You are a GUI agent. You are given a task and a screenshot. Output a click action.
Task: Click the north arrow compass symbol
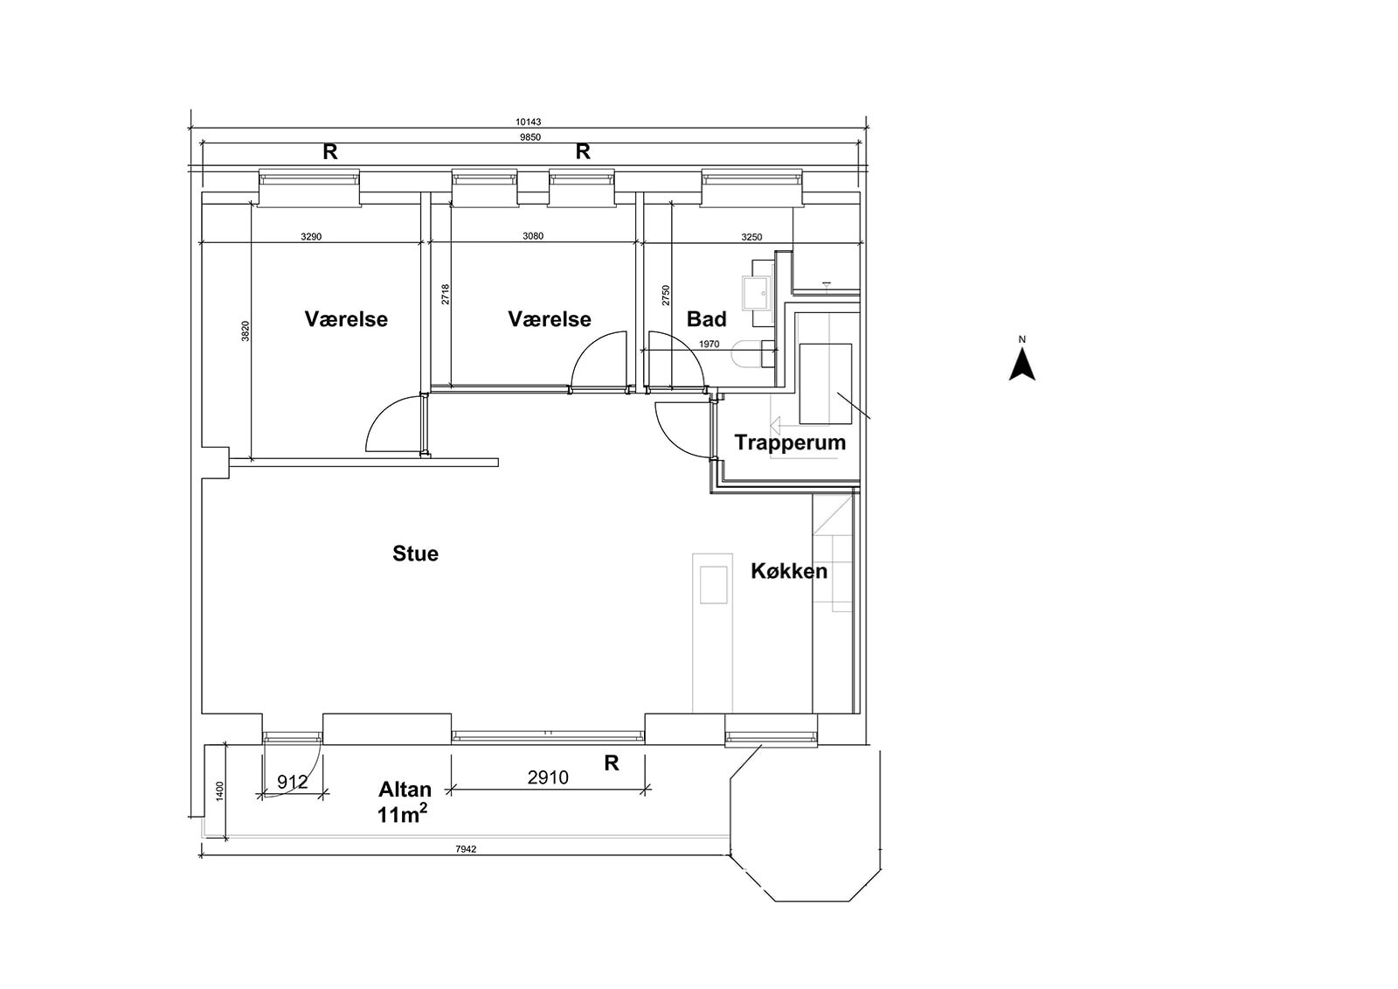point(1021,363)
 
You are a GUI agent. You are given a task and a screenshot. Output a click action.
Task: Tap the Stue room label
point(415,554)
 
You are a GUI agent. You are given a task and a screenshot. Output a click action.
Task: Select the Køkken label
point(789,571)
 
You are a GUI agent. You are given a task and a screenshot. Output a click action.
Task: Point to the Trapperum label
point(790,442)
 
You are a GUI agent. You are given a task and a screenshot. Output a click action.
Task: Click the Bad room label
point(706,319)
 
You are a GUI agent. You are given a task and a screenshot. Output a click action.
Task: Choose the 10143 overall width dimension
point(529,122)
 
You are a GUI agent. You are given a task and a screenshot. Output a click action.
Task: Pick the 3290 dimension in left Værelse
point(311,236)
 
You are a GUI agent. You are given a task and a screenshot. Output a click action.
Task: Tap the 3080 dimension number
point(532,236)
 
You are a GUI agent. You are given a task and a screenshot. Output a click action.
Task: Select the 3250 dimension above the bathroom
point(751,236)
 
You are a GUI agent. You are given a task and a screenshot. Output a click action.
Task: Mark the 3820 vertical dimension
point(246,331)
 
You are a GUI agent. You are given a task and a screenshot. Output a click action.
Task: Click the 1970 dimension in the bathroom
point(709,345)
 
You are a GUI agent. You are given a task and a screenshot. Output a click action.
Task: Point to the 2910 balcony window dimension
point(548,777)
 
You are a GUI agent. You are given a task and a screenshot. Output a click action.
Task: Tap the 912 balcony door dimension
point(292,782)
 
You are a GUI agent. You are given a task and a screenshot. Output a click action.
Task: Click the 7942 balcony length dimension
point(466,848)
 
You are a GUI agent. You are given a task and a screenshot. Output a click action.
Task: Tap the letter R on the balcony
point(612,763)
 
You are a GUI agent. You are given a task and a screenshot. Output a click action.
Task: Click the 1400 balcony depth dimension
point(220,791)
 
